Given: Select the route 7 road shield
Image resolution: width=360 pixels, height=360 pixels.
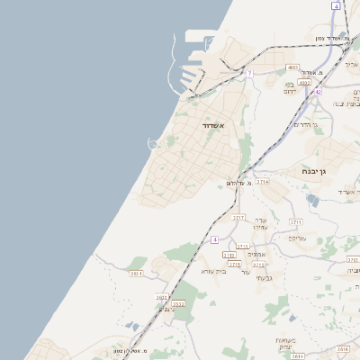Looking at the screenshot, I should [249, 72].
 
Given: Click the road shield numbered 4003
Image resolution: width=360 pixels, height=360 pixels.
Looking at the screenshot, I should [293, 67].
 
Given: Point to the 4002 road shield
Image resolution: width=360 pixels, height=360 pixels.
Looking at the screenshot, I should [304, 82].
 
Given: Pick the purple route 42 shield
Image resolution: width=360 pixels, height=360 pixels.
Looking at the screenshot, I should [318, 91].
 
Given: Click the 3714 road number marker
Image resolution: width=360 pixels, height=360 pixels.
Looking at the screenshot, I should [262, 182].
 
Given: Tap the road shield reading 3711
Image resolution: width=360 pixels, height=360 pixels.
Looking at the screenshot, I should [296, 221].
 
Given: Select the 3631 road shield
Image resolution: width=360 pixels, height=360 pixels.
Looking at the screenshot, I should [137, 273].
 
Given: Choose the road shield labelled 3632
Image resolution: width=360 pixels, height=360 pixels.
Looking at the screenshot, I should [162, 296].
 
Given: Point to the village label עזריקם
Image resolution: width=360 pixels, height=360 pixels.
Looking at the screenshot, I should [298, 238].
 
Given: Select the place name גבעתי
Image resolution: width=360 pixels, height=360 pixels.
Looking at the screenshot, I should [251, 278].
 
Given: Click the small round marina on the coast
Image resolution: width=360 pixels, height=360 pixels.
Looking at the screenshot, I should [154, 142].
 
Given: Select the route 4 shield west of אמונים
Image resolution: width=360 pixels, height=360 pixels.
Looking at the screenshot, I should [215, 239].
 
